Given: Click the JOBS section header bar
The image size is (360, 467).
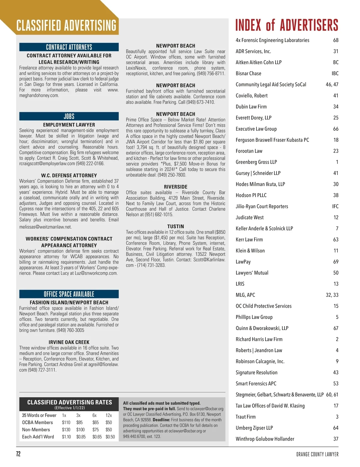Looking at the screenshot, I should [x=69, y=116].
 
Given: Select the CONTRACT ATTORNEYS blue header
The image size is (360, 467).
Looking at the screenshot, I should [x=69, y=47].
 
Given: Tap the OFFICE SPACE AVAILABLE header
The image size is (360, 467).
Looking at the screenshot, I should [x=69, y=294].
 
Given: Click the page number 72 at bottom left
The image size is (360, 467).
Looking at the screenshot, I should [x=18, y=454].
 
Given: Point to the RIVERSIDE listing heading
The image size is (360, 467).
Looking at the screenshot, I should [x=175, y=187].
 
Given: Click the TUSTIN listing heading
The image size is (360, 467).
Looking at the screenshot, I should [x=175, y=226].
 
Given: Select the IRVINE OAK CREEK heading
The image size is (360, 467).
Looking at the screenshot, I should [x=69, y=342].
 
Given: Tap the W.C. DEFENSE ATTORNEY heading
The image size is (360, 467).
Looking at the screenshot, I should [x=69, y=175].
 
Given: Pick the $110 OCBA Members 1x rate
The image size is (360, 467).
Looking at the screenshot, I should [x=66, y=422].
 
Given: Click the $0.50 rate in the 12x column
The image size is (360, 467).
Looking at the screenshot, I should [x=110, y=437].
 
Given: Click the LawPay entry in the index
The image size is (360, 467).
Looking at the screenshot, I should [x=243, y=262].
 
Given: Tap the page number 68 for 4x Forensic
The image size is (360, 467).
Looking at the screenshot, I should [x=336, y=40].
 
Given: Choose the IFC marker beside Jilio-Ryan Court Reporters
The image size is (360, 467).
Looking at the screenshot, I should [x=335, y=206].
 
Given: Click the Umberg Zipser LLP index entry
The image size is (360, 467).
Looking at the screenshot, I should [x=254, y=428].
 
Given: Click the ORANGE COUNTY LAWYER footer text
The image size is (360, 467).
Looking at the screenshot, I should [x=317, y=454].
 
